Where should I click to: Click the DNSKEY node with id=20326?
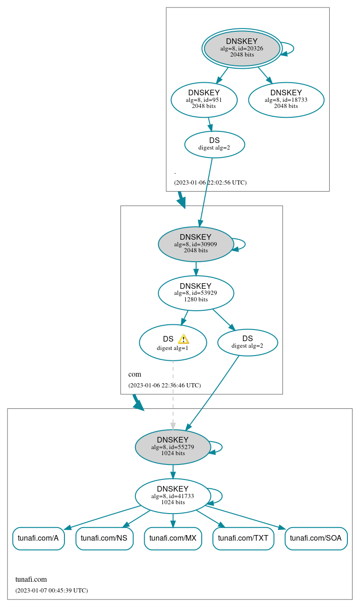click(x=242, y=48)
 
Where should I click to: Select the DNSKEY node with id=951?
click(x=204, y=100)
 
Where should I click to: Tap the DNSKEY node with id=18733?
click(x=286, y=100)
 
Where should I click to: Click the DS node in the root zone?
click(x=214, y=144)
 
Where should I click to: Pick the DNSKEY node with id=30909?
click(x=196, y=244)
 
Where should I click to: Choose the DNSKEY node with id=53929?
click(x=196, y=293)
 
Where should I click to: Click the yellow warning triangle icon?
click(x=184, y=339)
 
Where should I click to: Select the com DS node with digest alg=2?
click(x=247, y=342)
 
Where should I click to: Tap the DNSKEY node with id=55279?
click(x=173, y=447)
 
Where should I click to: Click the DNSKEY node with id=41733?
click(x=173, y=496)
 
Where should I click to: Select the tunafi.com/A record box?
click(x=38, y=538)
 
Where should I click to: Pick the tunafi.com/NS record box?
click(x=104, y=538)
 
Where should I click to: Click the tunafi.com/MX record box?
click(x=173, y=538)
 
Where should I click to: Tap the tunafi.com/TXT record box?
click(x=243, y=538)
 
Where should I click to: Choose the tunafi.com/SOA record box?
click(x=316, y=538)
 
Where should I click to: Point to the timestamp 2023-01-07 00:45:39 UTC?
click(x=51, y=590)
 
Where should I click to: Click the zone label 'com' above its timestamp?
click(x=134, y=374)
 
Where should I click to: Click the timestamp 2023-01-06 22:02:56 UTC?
click(x=210, y=182)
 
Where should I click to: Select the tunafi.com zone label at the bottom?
click(x=31, y=579)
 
